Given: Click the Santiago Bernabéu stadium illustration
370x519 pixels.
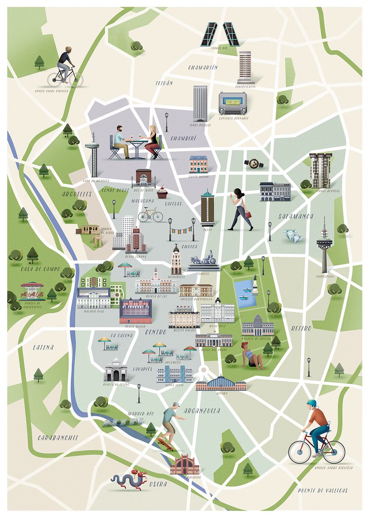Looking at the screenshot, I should tap(233, 104).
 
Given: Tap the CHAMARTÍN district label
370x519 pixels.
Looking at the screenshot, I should tap(203, 67).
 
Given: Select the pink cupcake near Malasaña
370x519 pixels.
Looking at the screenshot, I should tap(162, 193).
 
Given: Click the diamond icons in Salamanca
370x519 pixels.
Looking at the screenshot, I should tap(291, 235).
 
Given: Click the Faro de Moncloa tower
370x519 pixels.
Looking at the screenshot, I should tap(93, 156).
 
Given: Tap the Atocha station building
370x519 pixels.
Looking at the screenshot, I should tap(221, 384).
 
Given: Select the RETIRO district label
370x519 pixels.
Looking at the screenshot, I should tap(301, 328).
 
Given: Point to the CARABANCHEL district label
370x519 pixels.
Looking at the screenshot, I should tap(58, 438).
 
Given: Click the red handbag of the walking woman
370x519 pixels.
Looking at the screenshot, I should tap(248, 215).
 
